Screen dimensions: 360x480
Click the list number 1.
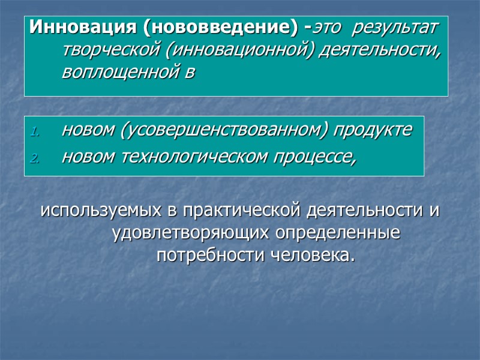pyautogui.click(x=35, y=131)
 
